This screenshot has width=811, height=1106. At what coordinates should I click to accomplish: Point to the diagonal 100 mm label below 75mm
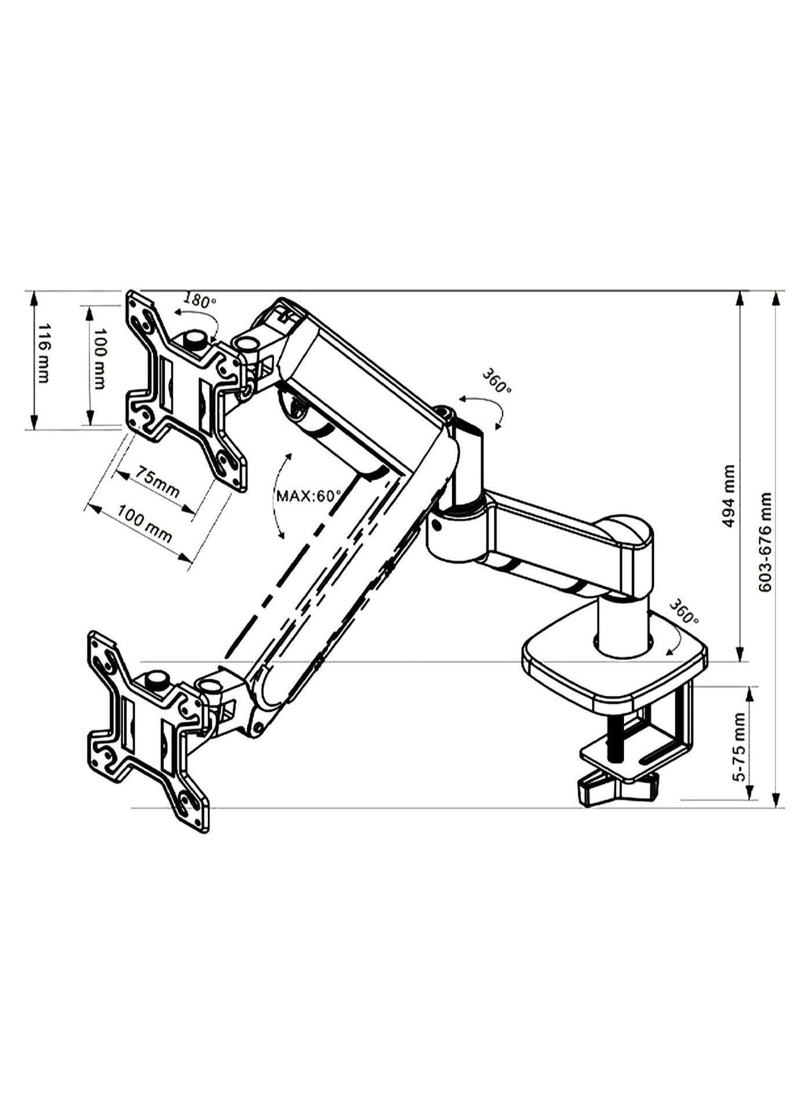pyautogui.click(x=145, y=523)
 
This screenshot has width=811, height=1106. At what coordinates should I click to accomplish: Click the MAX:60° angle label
pyautogui.click(x=309, y=496)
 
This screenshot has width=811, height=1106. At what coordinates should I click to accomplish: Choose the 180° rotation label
pyautogui.click(x=199, y=300)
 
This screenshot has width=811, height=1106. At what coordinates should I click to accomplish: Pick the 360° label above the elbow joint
pyautogui.click(x=496, y=381)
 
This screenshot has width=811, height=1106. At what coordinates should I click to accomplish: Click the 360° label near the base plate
pyautogui.click(x=684, y=612)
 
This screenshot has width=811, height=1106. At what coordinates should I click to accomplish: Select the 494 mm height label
pyautogui.click(x=729, y=496)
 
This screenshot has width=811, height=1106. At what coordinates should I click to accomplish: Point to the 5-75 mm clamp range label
pyautogui.click(x=740, y=747)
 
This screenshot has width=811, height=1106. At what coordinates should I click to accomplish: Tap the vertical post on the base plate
pyautogui.click(x=623, y=629)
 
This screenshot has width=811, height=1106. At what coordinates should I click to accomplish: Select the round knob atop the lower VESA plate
pyautogui.click(x=157, y=679)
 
